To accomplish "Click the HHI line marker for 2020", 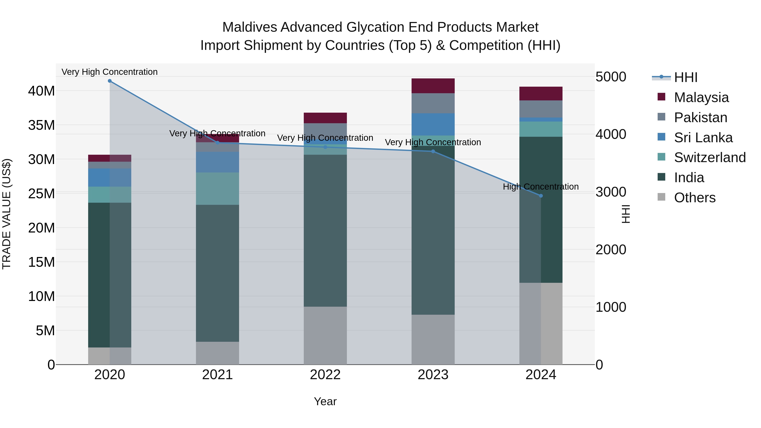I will (109, 81).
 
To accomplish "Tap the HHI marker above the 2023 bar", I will (433, 151).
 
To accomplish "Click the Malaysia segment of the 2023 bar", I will (433, 86).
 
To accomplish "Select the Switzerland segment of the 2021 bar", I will (218, 189).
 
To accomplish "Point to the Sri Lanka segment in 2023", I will (433, 124).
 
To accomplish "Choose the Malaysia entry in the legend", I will (701, 97).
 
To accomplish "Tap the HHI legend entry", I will (685, 77).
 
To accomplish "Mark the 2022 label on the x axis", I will (325, 375).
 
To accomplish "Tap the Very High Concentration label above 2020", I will (109, 72).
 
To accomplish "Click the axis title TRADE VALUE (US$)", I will (7, 214).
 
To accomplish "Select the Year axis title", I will (325, 401).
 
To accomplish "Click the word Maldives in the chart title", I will (249, 27).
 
